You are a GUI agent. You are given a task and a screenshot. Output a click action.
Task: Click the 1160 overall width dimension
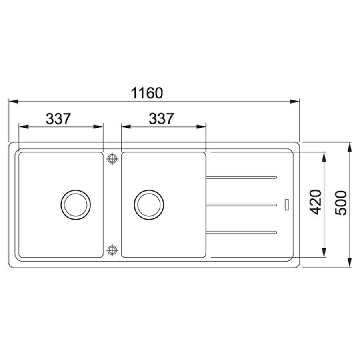click(147, 93)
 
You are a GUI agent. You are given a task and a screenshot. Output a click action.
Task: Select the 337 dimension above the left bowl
click(58, 119)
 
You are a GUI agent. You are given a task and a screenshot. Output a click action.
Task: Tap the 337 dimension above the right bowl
click(161, 119)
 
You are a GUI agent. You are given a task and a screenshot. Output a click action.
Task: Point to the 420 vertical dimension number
click(315, 202)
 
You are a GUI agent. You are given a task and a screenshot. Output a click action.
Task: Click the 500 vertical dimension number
click(340, 203)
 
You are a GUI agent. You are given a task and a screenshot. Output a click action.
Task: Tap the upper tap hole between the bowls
click(112, 158)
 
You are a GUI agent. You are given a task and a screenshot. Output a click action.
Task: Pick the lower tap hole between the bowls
click(112, 250)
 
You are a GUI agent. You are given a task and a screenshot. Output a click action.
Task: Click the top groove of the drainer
click(242, 177)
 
